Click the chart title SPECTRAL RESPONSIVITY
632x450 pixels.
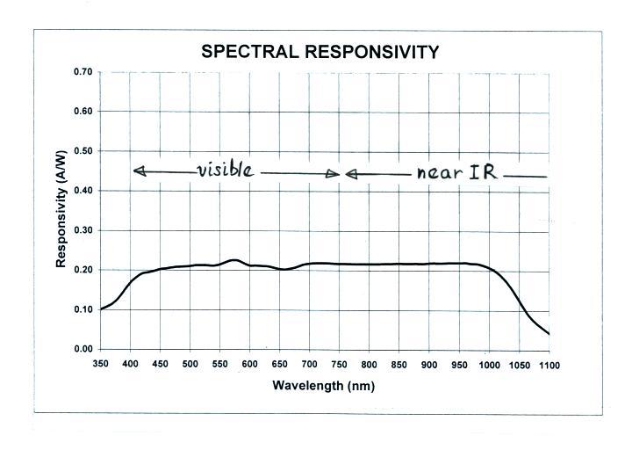pyautogui.click(x=320, y=52)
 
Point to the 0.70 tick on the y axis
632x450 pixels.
pyautogui.click(x=83, y=72)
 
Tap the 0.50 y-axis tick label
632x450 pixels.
pyautogui.click(x=83, y=151)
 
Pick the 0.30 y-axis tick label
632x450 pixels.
pyautogui.click(x=83, y=230)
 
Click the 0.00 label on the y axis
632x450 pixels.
pyautogui.click(x=83, y=349)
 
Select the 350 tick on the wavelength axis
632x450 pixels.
pyautogui.click(x=101, y=364)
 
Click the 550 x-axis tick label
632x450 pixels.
pyautogui.click(x=220, y=364)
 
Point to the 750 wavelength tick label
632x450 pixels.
pyautogui.click(x=340, y=364)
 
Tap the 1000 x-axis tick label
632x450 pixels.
pyautogui.click(x=489, y=364)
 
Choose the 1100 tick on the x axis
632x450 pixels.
pyautogui.click(x=549, y=364)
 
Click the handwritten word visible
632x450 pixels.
pyautogui.click(x=226, y=169)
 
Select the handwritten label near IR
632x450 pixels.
pyautogui.click(x=456, y=172)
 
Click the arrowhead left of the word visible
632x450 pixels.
pyautogui.click(x=136, y=171)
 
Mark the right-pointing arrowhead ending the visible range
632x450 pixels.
pyautogui.click(x=334, y=173)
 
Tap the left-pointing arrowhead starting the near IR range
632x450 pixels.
pyautogui.click(x=349, y=174)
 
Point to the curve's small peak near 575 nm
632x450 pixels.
pyautogui.click(x=234, y=259)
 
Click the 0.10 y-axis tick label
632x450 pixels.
pyautogui.click(x=83, y=309)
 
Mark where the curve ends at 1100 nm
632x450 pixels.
pyautogui.click(x=549, y=334)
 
